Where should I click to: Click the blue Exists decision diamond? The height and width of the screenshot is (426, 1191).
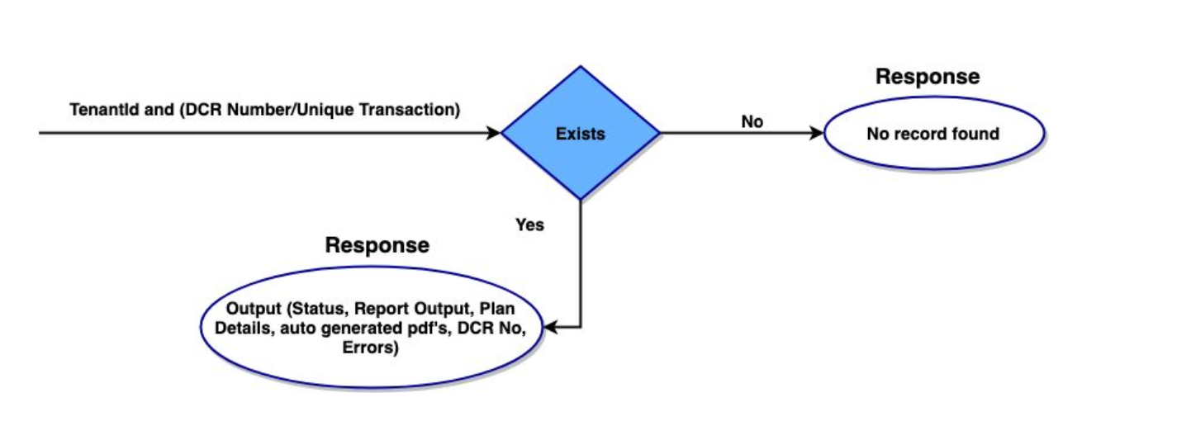click(580, 132)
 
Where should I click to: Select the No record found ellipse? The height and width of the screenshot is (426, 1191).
click(933, 133)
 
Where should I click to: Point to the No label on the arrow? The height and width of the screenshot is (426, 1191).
click(752, 122)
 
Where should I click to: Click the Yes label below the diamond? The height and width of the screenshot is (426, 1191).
click(529, 225)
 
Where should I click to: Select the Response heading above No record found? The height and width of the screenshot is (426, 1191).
click(927, 77)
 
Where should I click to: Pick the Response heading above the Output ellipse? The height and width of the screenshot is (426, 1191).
click(377, 245)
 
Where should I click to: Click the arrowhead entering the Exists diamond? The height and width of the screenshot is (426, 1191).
click(494, 133)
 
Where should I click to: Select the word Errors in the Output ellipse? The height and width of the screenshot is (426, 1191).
click(369, 348)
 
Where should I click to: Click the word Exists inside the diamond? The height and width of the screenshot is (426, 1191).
click(580, 133)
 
